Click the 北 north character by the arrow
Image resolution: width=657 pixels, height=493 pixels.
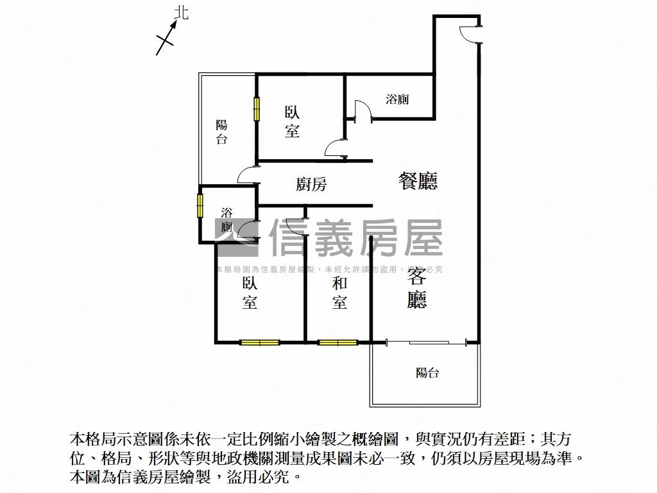(x=182, y=13)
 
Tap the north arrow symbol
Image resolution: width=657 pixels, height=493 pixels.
(x=167, y=38)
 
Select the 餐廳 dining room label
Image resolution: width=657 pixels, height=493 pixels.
(x=418, y=182)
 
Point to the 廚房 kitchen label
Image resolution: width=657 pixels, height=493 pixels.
(x=311, y=185)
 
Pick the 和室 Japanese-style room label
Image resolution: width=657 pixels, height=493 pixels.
(x=339, y=293)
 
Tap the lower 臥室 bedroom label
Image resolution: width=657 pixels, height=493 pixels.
(x=250, y=293)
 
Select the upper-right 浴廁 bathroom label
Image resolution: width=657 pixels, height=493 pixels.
(x=398, y=99)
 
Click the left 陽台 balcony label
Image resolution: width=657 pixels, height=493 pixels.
(x=221, y=132)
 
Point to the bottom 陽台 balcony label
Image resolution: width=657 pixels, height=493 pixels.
(x=427, y=372)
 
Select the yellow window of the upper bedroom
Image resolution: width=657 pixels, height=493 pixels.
(x=257, y=108)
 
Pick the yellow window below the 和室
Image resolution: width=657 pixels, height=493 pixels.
(x=338, y=342)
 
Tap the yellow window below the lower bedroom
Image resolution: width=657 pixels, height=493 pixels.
(x=260, y=342)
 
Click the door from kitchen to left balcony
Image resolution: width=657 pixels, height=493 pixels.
(x=248, y=175)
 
